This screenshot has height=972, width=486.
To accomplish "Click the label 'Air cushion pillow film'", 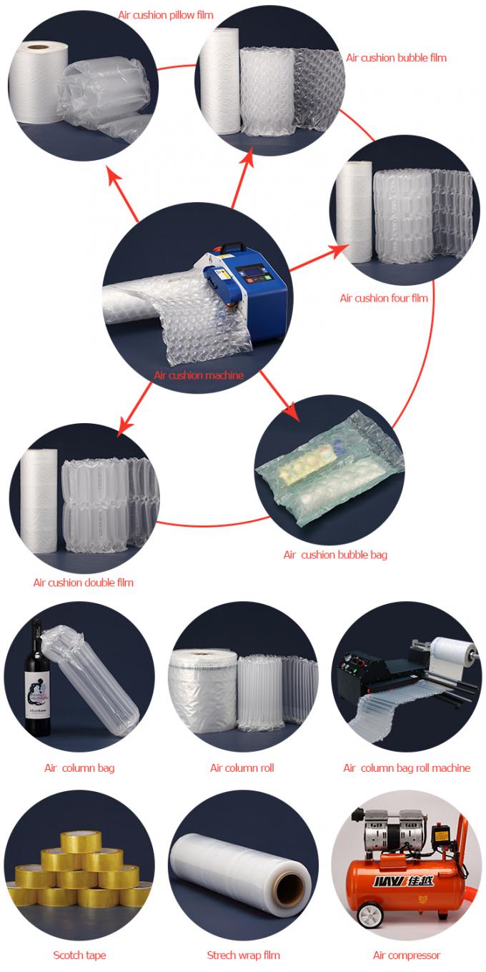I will pos(166,14).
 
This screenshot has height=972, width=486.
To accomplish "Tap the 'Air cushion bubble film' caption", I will pos(396,57).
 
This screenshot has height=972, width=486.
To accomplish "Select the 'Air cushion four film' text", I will pos(384,298).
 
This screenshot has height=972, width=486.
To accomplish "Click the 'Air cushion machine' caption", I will pos(199,375).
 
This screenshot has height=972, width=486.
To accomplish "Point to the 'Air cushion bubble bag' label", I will pos(335,555).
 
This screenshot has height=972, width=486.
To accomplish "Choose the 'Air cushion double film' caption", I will pos(83,582).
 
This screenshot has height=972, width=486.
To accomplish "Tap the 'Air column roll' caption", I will pos(242,768).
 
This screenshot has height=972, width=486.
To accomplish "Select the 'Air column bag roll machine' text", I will pos(406,768).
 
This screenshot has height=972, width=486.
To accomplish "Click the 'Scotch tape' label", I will pos(79,955).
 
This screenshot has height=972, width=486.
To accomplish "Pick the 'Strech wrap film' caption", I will pos(243,955).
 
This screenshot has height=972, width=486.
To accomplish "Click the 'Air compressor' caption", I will pos(406,955).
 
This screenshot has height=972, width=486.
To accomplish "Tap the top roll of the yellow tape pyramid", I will pos(80,843).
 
